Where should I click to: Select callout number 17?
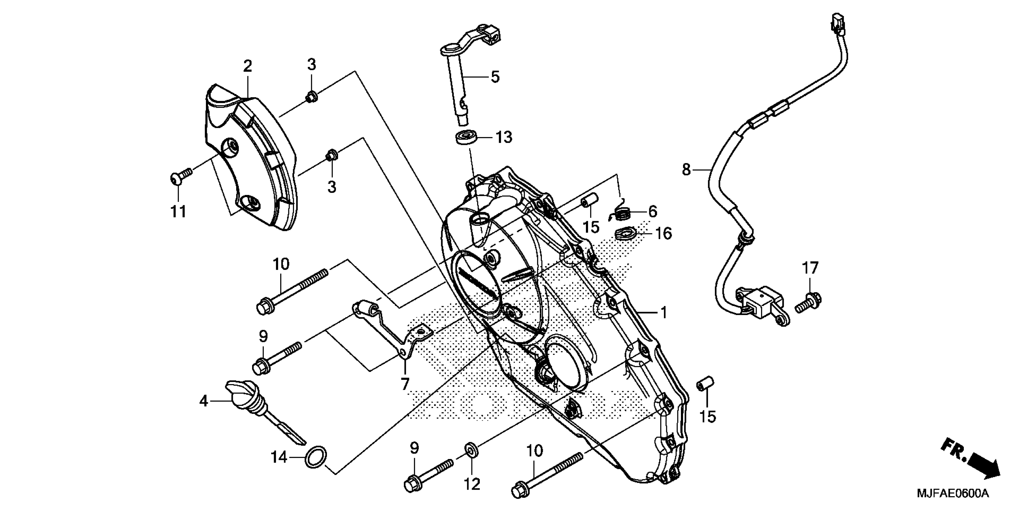810,268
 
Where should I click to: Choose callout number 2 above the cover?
247,66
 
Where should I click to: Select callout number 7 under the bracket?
405,384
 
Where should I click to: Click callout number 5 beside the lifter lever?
495,77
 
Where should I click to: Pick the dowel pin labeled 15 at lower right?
705,384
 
